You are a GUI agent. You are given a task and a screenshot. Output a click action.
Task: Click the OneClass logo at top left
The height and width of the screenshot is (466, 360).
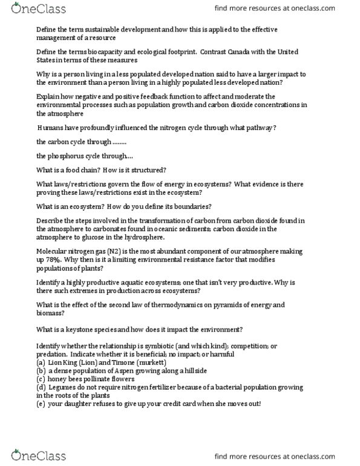coord(27,10)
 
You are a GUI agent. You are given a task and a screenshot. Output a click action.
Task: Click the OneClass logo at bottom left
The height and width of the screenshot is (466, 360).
coord(27,455)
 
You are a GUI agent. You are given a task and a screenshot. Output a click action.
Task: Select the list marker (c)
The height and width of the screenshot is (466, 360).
coord(42,378)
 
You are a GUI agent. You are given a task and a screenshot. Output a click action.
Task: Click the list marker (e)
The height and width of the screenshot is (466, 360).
coord(42,403)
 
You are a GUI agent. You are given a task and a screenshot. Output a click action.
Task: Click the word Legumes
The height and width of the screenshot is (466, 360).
coord(66,387)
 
